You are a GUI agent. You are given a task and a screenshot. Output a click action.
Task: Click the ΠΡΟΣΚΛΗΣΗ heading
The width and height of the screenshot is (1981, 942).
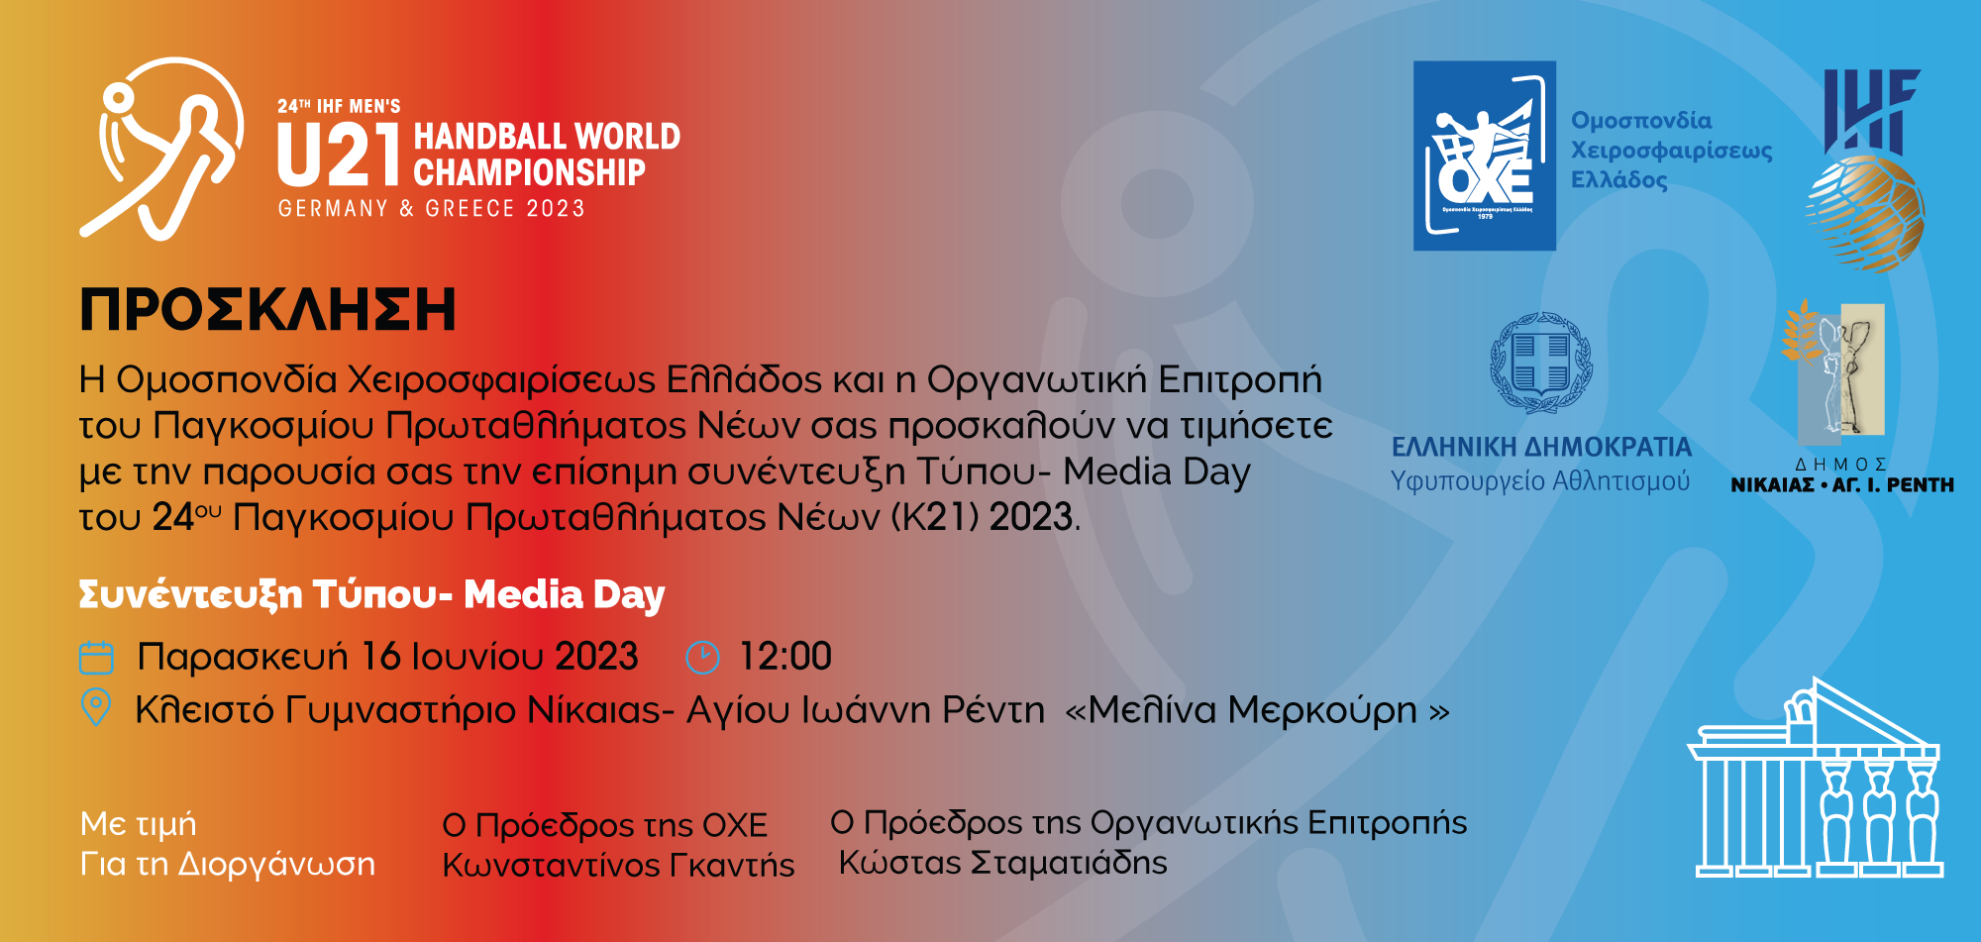[x=267, y=310]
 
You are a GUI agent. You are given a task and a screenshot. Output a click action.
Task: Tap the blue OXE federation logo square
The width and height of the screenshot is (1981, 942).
[x=1484, y=156]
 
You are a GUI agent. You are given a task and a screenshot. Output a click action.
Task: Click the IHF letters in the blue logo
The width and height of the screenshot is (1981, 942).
[x=1871, y=111]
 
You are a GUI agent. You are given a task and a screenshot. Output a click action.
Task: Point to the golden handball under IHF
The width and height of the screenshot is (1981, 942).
[x=1865, y=213]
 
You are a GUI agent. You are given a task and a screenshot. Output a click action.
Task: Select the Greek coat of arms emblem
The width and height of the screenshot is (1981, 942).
[x=1541, y=363]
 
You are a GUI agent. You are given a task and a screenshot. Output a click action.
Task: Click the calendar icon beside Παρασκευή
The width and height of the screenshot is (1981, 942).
[x=96, y=658]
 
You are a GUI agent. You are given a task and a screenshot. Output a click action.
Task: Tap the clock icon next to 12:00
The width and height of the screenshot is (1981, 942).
[x=702, y=658]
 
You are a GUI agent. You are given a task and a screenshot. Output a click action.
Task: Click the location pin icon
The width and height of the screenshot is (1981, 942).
[x=95, y=707]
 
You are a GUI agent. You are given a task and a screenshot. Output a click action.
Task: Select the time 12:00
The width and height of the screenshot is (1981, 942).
[x=785, y=657]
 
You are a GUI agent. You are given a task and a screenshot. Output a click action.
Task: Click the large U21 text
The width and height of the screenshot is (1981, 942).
[x=339, y=156]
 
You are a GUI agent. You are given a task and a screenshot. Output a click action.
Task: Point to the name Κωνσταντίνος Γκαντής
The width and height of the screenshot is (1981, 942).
[x=618, y=865]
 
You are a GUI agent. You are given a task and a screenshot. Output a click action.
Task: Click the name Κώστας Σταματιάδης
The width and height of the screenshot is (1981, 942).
[x=1003, y=863]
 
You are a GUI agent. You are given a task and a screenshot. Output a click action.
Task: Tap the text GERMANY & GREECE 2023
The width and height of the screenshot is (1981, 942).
[x=432, y=209]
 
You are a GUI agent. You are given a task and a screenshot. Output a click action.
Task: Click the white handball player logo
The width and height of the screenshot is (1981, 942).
[x=161, y=149]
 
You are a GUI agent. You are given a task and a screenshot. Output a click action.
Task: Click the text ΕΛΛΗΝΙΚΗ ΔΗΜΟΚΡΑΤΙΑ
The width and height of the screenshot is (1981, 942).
[x=1541, y=448]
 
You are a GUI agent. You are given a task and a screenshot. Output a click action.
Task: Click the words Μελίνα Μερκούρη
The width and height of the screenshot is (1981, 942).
[x=1253, y=711]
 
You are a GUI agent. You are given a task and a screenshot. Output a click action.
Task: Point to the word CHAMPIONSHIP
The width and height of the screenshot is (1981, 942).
[x=530, y=173]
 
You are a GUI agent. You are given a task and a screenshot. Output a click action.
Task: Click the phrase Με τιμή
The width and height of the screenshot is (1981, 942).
[x=139, y=824]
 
